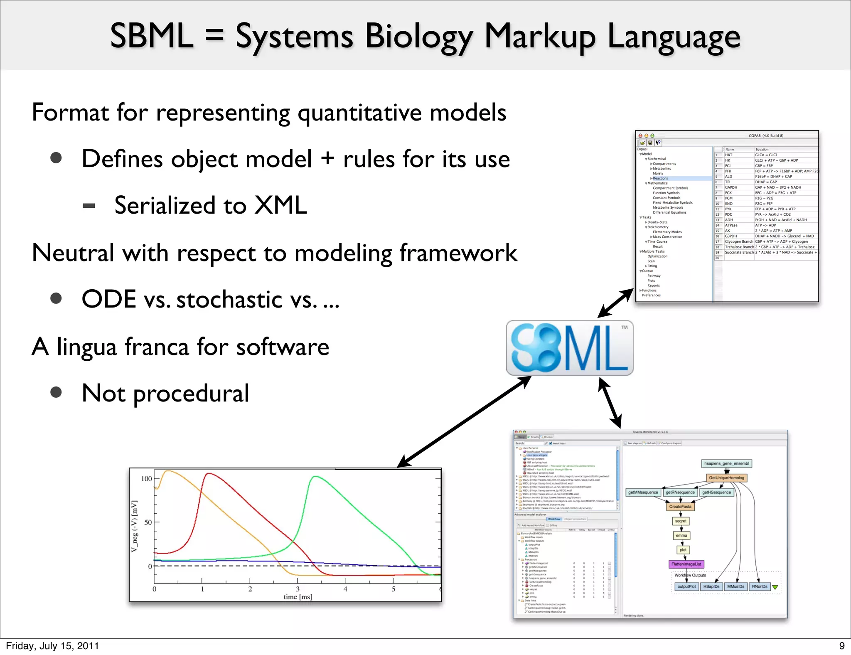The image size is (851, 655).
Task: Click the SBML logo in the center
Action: pos(570,348)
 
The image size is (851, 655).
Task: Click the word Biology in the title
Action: pos(418,37)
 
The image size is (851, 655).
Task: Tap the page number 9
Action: pos(842,646)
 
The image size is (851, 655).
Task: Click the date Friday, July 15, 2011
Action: pos(52,646)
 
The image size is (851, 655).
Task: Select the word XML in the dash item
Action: pos(280,205)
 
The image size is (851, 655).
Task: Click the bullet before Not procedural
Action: pos(56,392)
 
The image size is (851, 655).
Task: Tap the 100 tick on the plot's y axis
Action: pos(146,479)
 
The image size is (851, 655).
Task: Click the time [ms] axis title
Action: pos(298,597)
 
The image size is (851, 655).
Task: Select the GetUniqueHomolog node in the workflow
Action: pos(726,478)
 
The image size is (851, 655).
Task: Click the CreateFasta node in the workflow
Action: pos(680,507)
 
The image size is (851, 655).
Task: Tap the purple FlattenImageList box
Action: pos(686,564)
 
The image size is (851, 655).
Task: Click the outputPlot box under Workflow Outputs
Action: pos(686,587)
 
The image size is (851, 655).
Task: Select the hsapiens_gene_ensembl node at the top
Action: pos(726,463)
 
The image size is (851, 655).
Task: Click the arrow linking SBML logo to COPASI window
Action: pos(615,303)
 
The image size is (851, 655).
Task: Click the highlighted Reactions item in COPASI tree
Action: pos(660,178)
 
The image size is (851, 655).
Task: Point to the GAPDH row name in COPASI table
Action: pos(731,187)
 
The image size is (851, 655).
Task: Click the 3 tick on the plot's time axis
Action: pos(298,589)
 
